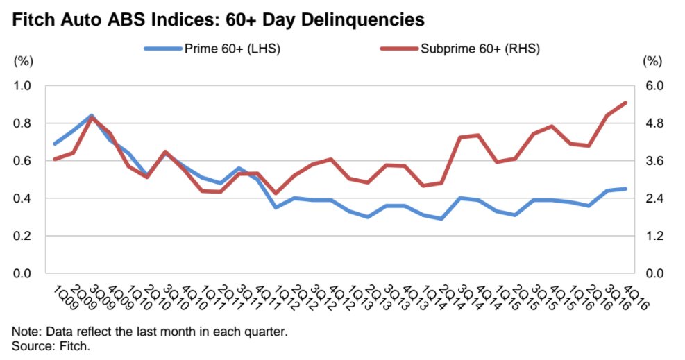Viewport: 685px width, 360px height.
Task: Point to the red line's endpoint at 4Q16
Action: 626,103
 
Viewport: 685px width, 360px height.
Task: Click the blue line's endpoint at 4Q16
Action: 626,189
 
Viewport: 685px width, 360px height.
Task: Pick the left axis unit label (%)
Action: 24,61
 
